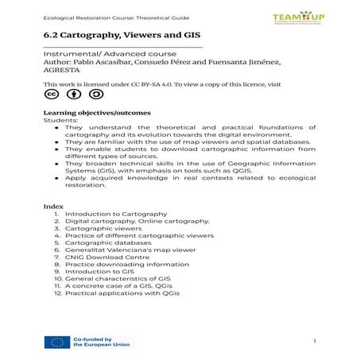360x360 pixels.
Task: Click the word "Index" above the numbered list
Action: point(52,206)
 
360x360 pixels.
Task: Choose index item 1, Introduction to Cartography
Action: point(115,215)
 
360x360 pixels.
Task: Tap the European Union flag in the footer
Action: point(56,343)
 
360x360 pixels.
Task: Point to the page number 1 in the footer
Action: point(315,342)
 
